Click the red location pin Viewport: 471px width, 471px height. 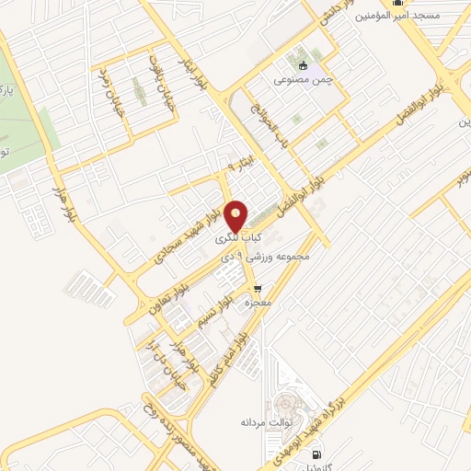click(x=237, y=216)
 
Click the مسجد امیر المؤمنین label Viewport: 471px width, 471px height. click(x=428, y=16)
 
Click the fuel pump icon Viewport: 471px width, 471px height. click(x=317, y=454)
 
